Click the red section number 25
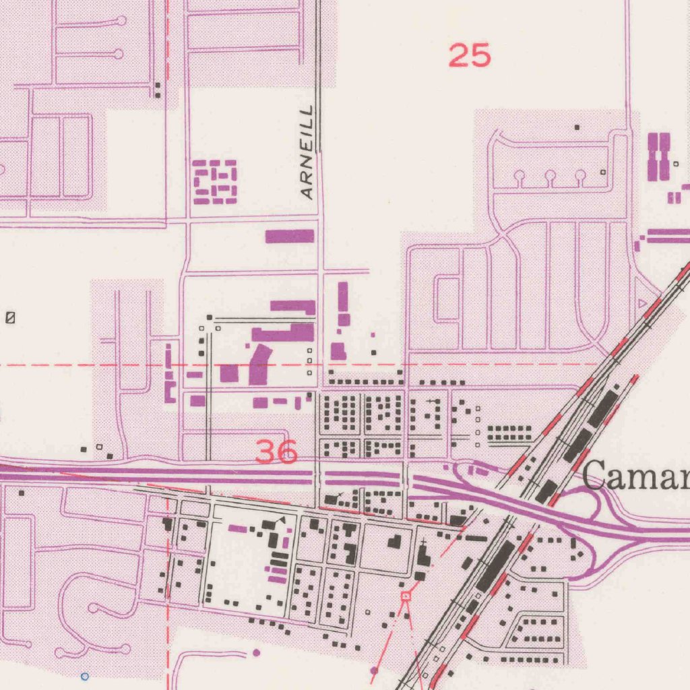click(x=470, y=55)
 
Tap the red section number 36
click(x=277, y=451)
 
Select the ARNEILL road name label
click(x=308, y=152)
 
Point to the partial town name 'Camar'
click(x=635, y=477)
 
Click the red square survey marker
click(x=406, y=596)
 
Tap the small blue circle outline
click(x=84, y=675)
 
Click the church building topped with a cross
click(x=423, y=557)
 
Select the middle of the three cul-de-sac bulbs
click(x=550, y=177)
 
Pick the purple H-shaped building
click(x=658, y=156)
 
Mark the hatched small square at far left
click(x=10, y=317)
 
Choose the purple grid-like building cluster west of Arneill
click(x=215, y=182)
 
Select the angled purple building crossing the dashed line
click(x=259, y=364)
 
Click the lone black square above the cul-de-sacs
click(x=577, y=127)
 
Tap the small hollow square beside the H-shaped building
click(x=676, y=164)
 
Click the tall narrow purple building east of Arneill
click(x=343, y=298)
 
